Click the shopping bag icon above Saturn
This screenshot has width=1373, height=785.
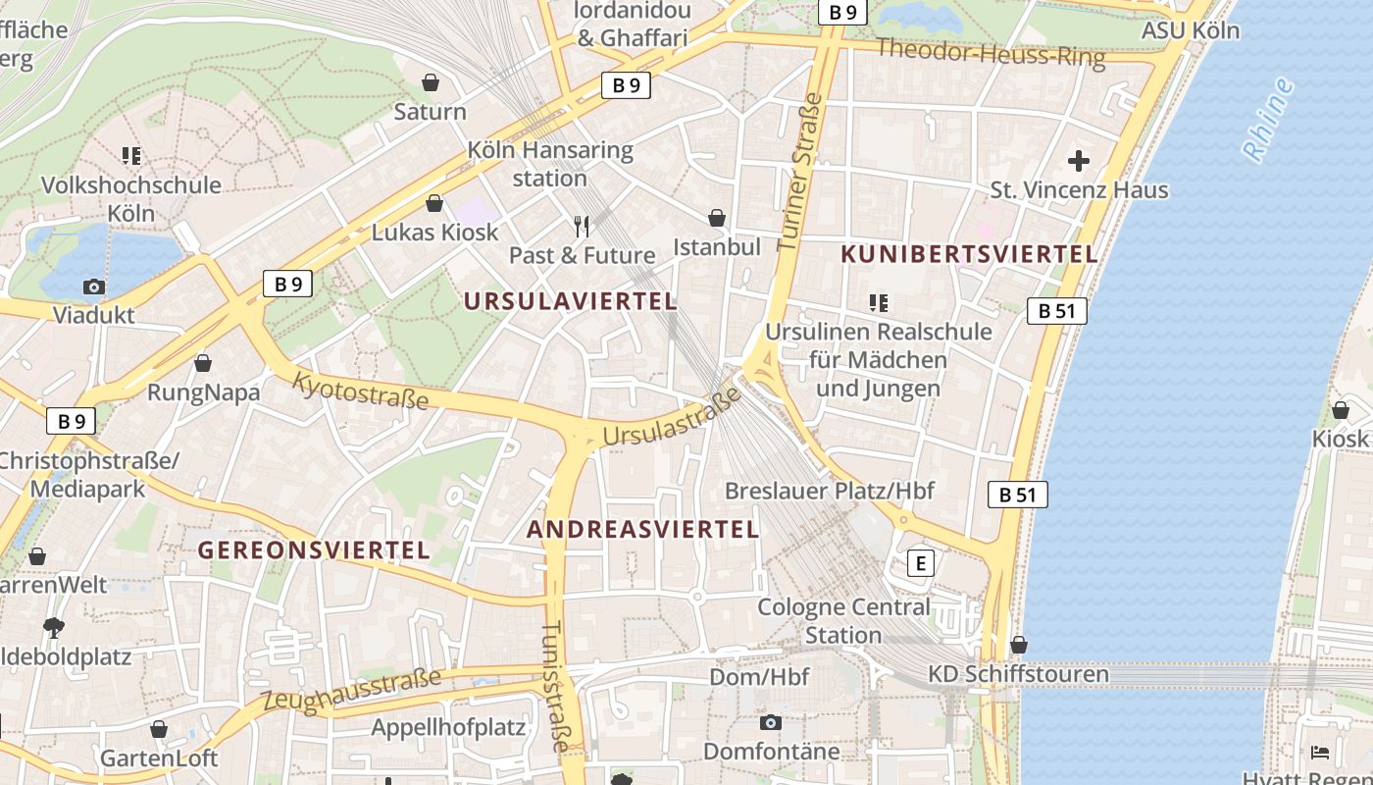430,82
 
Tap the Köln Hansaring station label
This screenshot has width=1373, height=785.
549,165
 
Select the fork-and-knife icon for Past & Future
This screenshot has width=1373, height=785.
582,227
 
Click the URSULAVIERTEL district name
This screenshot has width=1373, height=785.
571,301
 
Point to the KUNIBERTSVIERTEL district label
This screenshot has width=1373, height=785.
969,254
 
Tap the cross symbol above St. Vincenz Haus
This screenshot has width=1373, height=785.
1079,160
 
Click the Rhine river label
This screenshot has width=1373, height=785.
1267,120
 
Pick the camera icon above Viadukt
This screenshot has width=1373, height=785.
94,288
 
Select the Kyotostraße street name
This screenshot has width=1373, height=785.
361,391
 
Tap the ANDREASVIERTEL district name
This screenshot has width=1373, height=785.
643,530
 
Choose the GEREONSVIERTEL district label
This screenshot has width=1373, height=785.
315,549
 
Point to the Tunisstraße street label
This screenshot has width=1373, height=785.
555,686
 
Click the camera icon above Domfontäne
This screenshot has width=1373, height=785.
771,723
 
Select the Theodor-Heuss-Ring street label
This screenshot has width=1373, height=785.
991,53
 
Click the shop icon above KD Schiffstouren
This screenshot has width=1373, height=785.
1019,645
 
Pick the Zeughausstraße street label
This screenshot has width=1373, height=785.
351,690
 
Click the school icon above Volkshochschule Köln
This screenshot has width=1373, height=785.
131,155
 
